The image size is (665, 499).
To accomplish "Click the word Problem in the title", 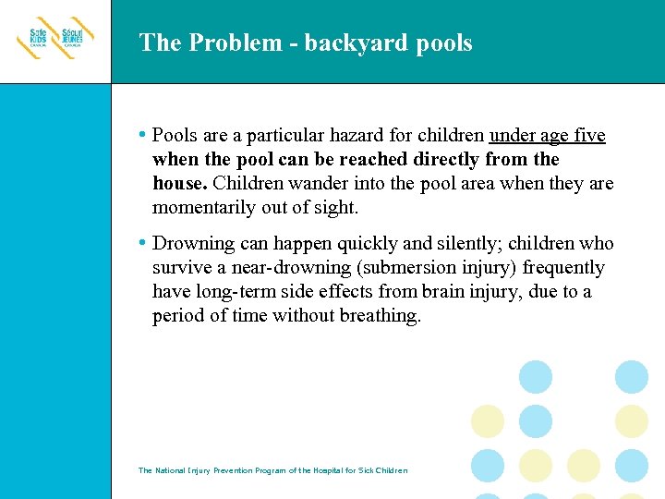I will click(x=222, y=43).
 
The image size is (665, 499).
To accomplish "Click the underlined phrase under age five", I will click(x=547, y=136).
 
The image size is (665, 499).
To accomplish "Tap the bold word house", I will click(x=179, y=184).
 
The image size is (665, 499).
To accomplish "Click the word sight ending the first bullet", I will click(x=335, y=208).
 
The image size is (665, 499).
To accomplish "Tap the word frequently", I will click(x=562, y=268).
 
